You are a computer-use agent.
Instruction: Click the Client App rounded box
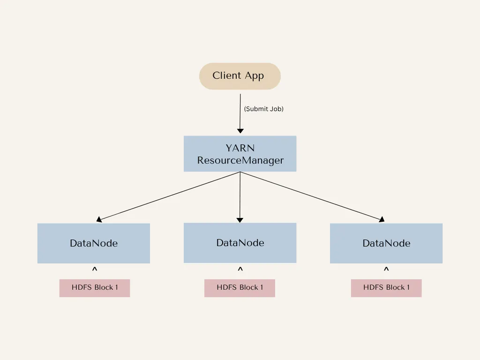[240, 76]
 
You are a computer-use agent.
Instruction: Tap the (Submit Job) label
[263, 109]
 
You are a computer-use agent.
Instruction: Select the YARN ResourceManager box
[240, 154]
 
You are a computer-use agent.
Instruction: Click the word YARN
[240, 148]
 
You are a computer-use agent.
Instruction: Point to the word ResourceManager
[240, 160]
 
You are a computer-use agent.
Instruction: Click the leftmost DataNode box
[93, 243]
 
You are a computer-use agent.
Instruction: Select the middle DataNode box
[240, 243]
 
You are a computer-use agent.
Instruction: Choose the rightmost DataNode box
[386, 243]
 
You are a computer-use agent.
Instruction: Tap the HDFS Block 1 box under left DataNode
[94, 288]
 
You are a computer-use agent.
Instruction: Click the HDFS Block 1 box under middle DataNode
[240, 288]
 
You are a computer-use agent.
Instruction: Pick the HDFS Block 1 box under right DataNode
[386, 288]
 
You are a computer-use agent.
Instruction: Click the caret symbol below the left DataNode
[94, 270]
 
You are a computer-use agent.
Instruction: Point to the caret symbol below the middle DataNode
[240, 270]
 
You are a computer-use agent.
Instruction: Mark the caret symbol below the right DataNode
[386, 270]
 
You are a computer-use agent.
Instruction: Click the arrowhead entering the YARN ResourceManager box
[240, 131]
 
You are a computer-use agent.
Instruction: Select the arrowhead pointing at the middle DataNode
[240, 219]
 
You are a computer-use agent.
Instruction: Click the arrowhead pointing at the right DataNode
[381, 219]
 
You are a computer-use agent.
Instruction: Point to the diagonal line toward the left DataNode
[169, 196]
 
